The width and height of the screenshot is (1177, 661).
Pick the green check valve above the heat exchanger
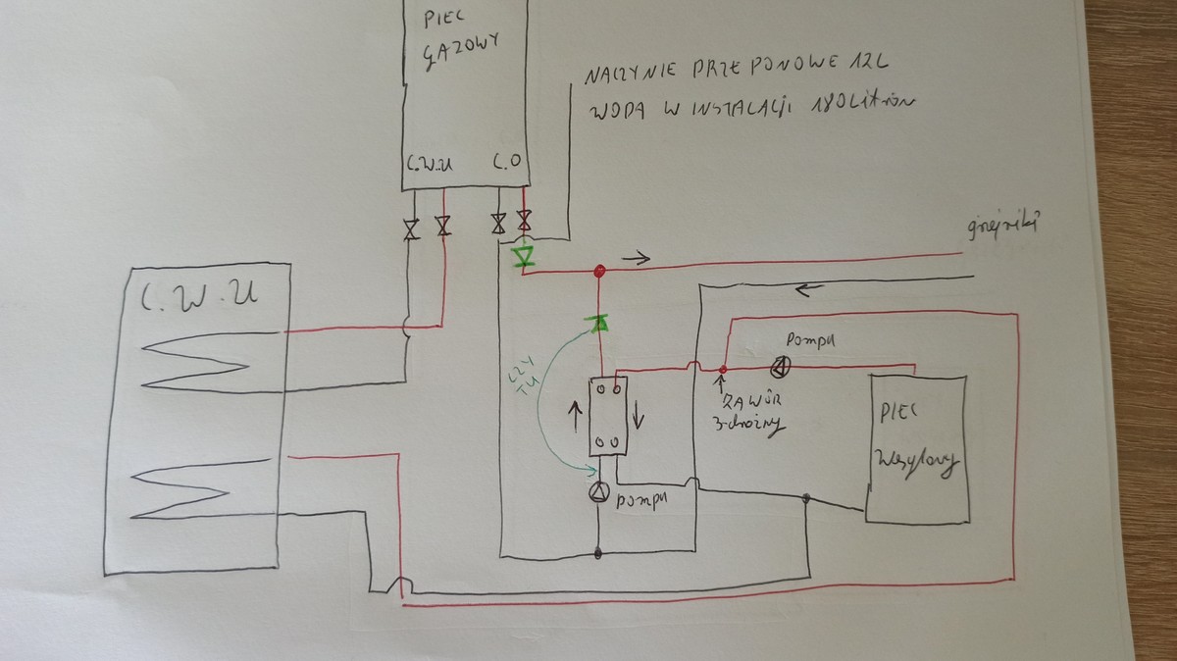point(595,323)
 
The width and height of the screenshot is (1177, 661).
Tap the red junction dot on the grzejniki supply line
point(596,270)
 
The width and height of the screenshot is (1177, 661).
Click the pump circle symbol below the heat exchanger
point(598,495)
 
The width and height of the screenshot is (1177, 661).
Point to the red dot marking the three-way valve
point(722,369)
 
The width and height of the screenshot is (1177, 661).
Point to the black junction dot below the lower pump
point(598,555)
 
